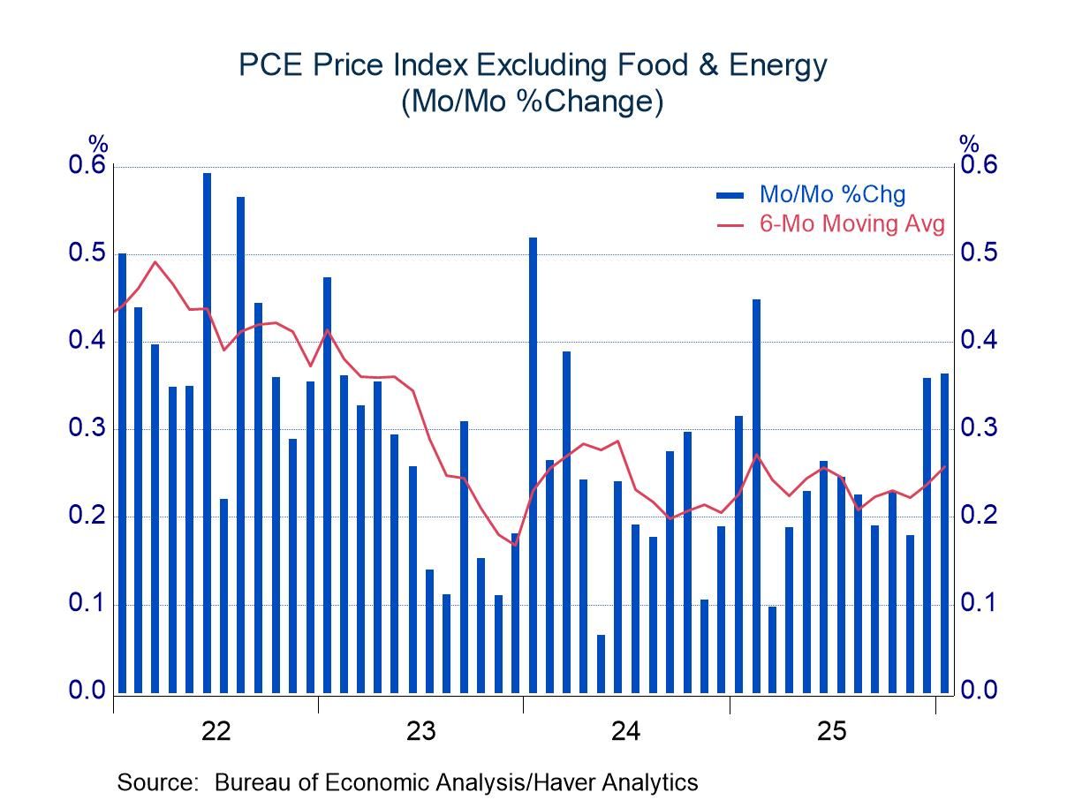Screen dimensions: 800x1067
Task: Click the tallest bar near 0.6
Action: tap(207, 433)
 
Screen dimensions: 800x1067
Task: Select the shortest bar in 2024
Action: tap(601, 663)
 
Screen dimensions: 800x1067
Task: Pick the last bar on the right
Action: tap(944, 533)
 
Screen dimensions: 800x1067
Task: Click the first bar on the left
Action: tap(122, 472)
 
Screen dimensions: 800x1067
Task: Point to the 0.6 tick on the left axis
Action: tap(87, 166)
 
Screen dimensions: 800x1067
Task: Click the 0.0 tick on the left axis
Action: tap(87, 691)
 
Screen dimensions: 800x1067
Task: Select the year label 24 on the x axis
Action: tap(626, 731)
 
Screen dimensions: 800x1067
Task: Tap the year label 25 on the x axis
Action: tap(832, 731)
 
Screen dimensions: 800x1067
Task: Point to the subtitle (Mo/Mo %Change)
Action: tap(533, 102)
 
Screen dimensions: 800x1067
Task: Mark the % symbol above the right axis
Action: tap(969, 143)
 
